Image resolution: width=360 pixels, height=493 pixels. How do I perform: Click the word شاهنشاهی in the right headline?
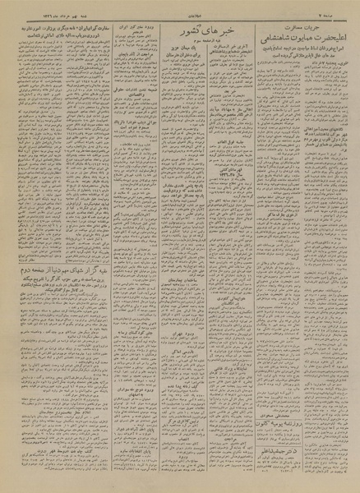(x=270, y=36)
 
